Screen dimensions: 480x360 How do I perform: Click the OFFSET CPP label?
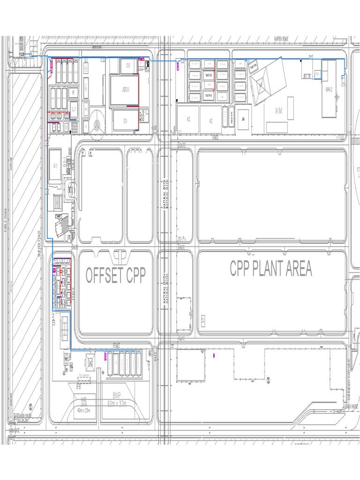click(116, 276)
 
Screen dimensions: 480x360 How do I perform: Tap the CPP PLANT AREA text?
click(270, 269)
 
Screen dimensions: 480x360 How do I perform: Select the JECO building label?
click(125, 90)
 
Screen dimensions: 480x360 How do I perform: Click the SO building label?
click(125, 121)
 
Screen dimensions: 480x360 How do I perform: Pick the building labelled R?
click(73, 93)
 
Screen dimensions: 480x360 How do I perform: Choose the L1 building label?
click(74, 108)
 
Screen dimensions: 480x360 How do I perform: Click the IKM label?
click(279, 111)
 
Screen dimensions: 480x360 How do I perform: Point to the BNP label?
click(117, 395)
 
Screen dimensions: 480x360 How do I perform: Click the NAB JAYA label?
click(84, 402)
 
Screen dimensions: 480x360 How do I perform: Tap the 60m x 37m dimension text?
click(117, 403)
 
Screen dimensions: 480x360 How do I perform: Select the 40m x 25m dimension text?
click(84, 410)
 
